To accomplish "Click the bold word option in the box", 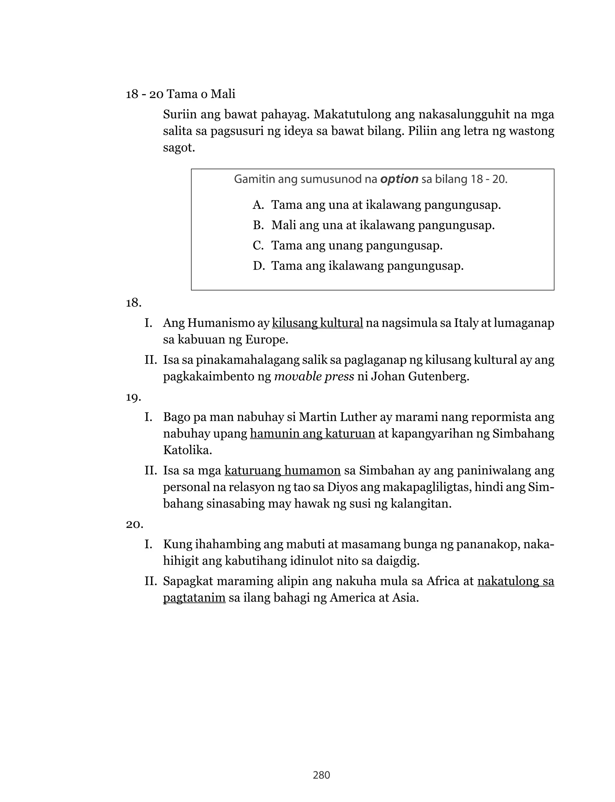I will [399, 179].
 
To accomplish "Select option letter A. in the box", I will [258, 205].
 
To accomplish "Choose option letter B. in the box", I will [258, 225].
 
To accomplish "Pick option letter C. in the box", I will [258, 245].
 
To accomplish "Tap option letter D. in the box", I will [259, 266].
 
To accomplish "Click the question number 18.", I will [134, 303].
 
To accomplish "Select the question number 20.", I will [134, 524].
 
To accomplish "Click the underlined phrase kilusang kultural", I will [317, 323].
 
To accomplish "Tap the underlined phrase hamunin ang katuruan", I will [312, 434].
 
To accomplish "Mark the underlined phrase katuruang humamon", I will [282, 471].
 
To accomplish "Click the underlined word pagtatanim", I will [194, 598].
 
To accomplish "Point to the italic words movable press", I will [314, 377].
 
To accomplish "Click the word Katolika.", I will [187, 450].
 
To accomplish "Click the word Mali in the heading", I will [223, 94].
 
